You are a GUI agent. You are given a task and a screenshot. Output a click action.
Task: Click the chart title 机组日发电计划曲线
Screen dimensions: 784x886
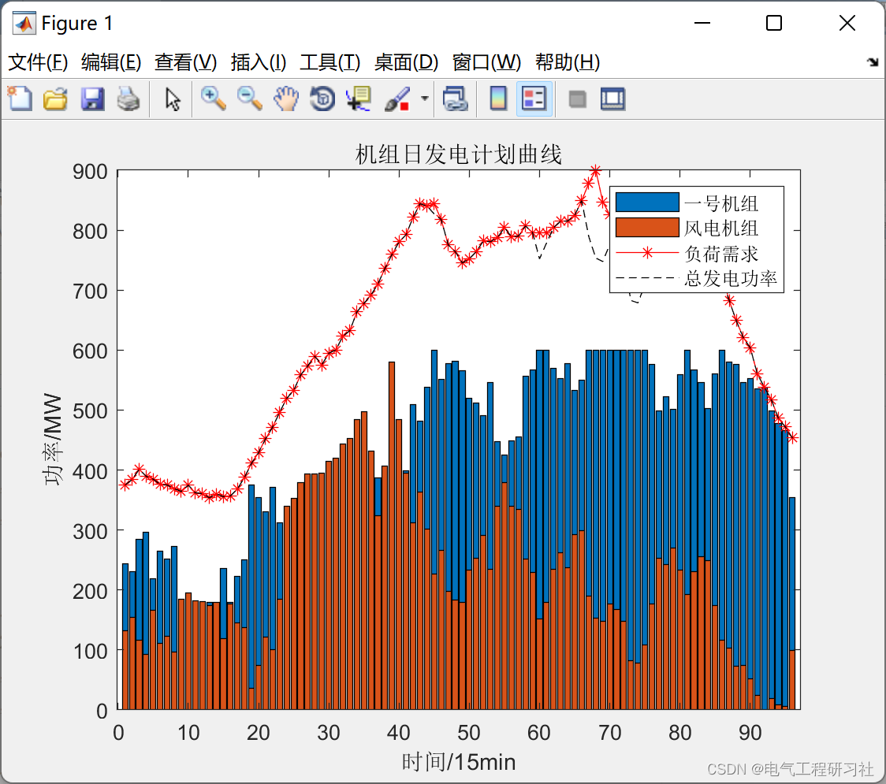458,154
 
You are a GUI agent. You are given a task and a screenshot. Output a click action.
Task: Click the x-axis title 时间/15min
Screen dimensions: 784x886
458,762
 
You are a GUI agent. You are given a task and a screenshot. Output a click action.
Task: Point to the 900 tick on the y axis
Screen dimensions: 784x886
91,171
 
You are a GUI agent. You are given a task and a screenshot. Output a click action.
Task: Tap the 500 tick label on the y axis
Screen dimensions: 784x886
91,411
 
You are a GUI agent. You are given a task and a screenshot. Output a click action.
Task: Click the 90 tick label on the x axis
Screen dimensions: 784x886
750,733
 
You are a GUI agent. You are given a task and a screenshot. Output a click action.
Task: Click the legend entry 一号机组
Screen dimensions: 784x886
720,204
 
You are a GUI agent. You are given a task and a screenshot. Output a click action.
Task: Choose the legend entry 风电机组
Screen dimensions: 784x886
720,229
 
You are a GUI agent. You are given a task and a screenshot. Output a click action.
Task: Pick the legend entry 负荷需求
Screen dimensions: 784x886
720,254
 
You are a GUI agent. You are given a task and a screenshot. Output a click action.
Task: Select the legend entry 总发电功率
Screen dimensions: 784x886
730,278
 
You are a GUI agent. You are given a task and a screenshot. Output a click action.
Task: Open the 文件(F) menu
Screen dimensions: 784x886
38,62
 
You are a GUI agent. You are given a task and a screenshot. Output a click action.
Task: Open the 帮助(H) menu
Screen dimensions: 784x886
568,62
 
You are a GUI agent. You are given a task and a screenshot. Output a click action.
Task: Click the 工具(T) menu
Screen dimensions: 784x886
329,62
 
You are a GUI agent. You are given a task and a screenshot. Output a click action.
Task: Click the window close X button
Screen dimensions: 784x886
847,24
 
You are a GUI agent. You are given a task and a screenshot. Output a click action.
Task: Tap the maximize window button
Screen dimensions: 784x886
774,24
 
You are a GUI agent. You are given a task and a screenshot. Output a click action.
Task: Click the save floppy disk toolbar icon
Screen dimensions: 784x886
92,99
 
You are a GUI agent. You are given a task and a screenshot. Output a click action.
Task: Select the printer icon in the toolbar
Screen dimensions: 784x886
128,99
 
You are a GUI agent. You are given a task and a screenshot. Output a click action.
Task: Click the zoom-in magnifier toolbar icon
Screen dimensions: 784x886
213,98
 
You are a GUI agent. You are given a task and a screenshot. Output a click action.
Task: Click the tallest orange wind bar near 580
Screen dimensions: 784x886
392,536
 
